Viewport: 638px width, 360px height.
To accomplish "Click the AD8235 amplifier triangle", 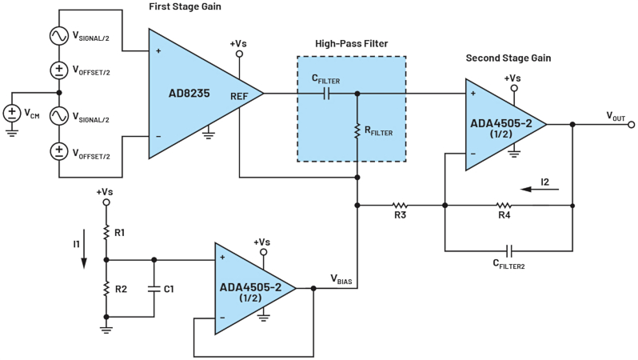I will [192, 93].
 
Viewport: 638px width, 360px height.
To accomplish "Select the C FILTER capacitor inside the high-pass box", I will [326, 93].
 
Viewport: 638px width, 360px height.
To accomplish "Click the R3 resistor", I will [400, 205].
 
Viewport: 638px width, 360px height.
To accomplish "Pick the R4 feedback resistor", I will [504, 205].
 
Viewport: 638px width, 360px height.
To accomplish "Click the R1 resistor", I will [106, 233].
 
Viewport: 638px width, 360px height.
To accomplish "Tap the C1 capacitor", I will [154, 288].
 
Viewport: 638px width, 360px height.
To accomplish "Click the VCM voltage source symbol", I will [14, 114].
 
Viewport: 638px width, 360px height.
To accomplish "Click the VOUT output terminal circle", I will [632, 125].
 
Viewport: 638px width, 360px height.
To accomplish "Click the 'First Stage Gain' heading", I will [185, 7].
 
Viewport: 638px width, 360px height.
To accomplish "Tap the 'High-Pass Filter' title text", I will [352, 43].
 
